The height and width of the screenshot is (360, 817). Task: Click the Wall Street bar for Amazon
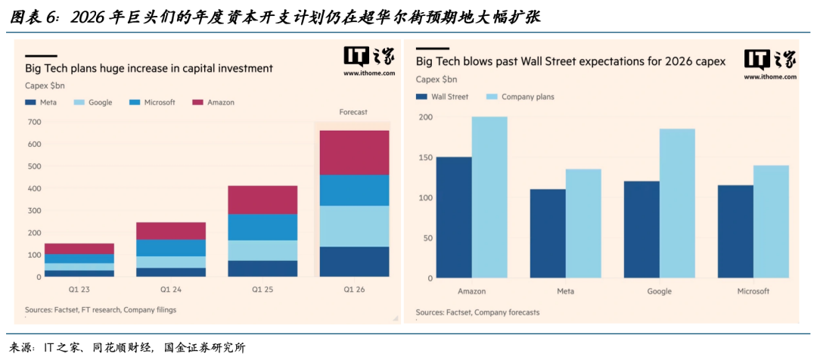click(x=454, y=217)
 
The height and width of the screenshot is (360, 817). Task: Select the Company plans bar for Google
click(x=677, y=203)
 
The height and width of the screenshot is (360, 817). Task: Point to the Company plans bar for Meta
click(x=583, y=223)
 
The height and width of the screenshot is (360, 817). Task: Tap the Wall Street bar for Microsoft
click(x=735, y=231)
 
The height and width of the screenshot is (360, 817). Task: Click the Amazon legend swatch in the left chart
click(x=199, y=102)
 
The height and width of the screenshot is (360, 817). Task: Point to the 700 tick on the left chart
click(x=33, y=122)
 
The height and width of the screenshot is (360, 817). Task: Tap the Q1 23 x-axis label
click(x=69, y=288)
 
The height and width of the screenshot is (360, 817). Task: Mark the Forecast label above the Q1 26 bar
click(x=353, y=112)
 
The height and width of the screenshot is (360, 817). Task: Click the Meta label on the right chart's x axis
click(x=565, y=291)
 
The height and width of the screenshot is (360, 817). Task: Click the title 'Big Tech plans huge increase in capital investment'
click(x=148, y=68)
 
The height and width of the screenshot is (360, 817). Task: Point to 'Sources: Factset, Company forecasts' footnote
click(x=477, y=312)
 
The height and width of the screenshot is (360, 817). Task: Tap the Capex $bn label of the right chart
click(x=436, y=79)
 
